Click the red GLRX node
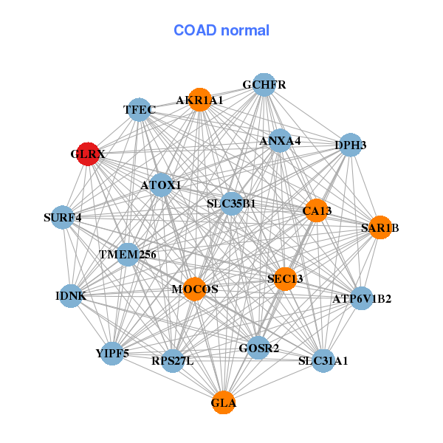tap(88, 154)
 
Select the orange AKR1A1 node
tap(199, 100)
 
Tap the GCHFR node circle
tap(264, 85)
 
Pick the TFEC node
tap(140, 111)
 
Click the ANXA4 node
tap(280, 140)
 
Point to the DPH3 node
tap(350, 145)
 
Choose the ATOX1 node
tap(161, 185)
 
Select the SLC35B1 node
tap(231, 204)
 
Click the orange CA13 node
tap(317, 210)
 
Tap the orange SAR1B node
tap(380, 227)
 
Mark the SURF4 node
tap(63, 217)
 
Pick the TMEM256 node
tap(128, 255)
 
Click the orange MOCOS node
tap(195, 289)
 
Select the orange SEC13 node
tap(285, 278)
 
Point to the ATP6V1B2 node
tap(362, 299)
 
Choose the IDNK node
tap(71, 296)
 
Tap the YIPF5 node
tap(112, 353)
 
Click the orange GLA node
tap(224, 403)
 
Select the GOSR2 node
tap(258, 347)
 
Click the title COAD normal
tap(221, 30)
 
